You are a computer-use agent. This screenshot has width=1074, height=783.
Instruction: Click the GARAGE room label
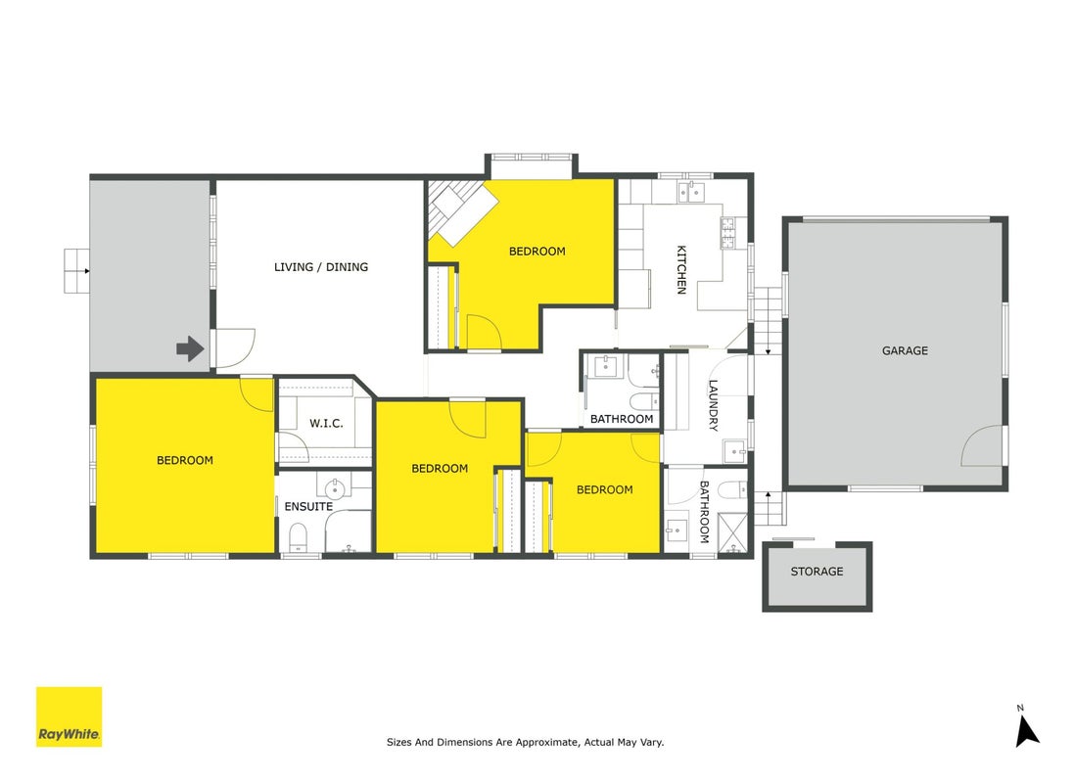coord(905,350)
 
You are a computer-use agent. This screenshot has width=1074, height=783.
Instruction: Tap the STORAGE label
coord(817,572)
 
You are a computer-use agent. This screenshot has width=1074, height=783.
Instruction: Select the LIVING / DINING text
coord(320,267)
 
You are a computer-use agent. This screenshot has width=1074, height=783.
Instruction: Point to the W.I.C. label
coord(326,424)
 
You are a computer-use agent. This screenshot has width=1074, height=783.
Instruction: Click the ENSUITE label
coord(308,507)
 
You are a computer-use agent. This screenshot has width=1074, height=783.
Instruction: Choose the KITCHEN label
coord(681,270)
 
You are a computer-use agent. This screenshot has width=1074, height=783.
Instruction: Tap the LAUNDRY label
coord(713,405)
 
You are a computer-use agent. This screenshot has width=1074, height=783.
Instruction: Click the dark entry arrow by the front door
coord(190,348)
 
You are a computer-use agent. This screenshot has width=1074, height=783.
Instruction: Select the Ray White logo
coord(70,716)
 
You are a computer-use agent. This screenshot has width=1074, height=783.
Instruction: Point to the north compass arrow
coord(1026,731)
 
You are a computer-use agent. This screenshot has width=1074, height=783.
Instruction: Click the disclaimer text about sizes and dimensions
coord(526,742)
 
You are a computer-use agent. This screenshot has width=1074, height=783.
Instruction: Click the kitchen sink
coord(691,192)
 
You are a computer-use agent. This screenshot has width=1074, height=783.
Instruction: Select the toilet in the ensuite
coord(298,537)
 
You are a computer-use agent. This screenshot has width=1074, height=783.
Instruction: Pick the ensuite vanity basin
coord(334,487)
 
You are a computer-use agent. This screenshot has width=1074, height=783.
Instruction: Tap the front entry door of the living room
coord(236,348)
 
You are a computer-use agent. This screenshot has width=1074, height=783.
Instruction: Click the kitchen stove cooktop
coord(726,233)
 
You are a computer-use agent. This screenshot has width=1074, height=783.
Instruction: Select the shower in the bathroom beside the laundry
coord(732,531)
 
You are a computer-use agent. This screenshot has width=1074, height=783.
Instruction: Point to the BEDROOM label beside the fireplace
coord(537,252)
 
